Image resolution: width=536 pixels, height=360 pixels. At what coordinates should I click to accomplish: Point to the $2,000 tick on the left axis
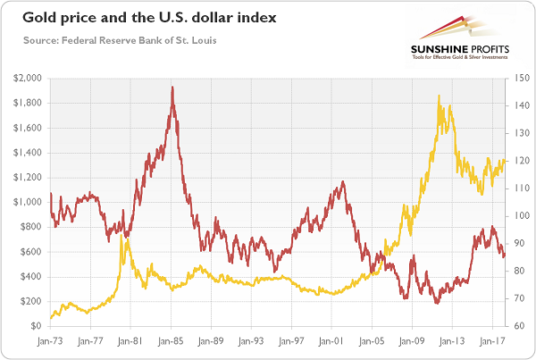click(x=27, y=79)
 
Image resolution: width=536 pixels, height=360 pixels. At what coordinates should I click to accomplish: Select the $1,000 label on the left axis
click(x=27, y=202)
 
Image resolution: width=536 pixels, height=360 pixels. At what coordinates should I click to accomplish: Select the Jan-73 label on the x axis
click(x=52, y=340)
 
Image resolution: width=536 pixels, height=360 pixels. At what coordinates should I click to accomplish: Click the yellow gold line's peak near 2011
click(x=439, y=96)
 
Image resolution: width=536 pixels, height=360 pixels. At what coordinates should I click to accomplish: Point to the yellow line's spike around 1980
click(x=123, y=239)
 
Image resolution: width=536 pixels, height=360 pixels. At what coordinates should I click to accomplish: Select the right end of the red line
click(x=505, y=255)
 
